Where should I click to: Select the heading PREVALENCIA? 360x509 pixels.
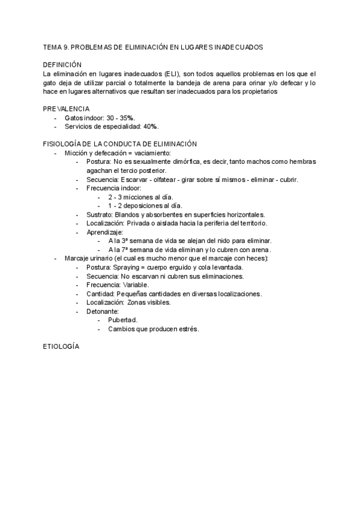click(x=66, y=109)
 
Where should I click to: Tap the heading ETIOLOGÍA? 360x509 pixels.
click(x=61, y=347)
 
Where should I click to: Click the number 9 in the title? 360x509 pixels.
click(x=67, y=46)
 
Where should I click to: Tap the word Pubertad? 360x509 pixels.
click(x=123, y=320)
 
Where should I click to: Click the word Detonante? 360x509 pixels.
click(x=102, y=311)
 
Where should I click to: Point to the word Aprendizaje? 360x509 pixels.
click(x=104, y=232)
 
